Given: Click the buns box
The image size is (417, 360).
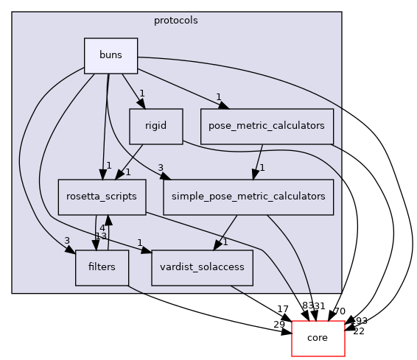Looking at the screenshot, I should (111, 55).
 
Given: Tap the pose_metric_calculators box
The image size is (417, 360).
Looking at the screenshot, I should (267, 126).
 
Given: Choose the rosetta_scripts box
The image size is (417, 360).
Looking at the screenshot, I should (102, 197).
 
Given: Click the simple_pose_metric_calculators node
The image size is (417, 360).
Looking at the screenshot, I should (248, 197).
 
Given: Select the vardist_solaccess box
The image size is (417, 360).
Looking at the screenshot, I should (202, 267).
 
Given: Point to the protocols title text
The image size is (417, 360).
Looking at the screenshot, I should (175, 20).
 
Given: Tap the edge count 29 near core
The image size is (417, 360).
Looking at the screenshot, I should (280, 325).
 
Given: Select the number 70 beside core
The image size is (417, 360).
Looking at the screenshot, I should (340, 311).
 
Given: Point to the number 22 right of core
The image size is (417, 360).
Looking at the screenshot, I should (359, 331).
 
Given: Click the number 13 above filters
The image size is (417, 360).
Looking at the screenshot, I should (101, 236).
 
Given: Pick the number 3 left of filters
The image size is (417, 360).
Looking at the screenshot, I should (67, 241).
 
